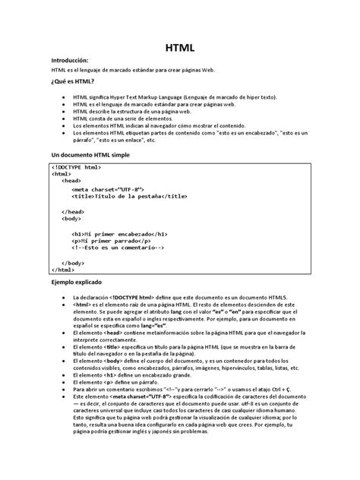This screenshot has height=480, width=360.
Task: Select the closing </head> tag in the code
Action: (73, 211)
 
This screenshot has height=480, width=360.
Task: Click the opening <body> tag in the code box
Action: (73, 218)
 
